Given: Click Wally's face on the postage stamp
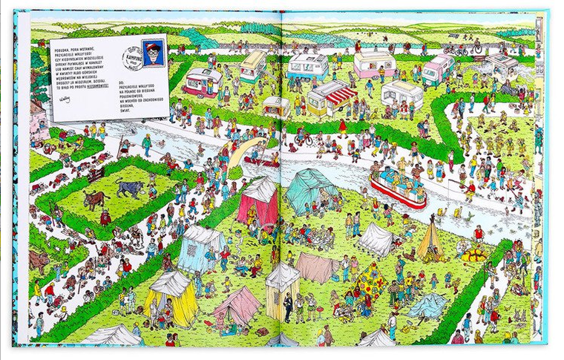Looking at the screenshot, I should [x=154, y=51].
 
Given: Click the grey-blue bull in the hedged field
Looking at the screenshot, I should [x=131, y=189].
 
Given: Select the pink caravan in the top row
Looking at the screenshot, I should [x=374, y=64].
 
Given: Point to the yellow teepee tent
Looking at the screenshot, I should [x=430, y=239].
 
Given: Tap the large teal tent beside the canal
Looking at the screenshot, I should [x=312, y=190].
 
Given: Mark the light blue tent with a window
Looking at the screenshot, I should [x=200, y=246].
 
